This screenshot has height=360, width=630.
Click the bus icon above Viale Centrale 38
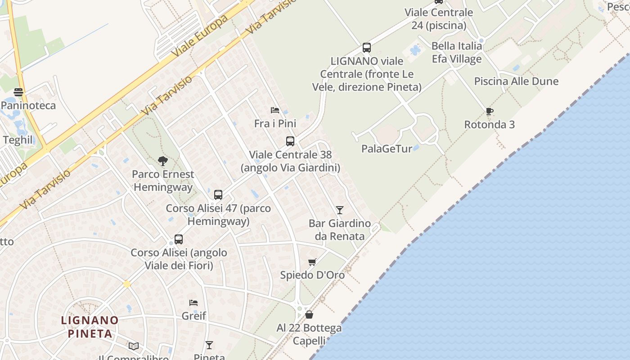coord(290,141)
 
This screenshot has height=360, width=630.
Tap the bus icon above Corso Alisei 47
coord(218,195)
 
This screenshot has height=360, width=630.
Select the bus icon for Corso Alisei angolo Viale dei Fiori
coord(179,239)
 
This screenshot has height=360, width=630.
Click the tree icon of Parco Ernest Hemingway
coord(163,161)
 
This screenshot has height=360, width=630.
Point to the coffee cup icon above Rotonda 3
coord(490,111)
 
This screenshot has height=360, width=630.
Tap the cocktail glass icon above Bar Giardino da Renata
coord(340,210)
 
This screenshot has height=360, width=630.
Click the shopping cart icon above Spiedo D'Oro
coord(312,262)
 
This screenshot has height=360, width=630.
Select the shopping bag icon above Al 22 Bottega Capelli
coord(309,315)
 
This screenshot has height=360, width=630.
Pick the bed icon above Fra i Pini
coord(275,110)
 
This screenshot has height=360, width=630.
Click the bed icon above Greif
coord(193,303)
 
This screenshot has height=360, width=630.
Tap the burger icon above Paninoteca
coord(18,92)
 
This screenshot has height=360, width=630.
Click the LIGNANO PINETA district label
coord(90,327)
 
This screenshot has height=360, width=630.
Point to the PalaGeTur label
coord(387,148)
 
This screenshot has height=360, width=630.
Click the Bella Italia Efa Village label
coord(457,52)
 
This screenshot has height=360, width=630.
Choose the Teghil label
coord(18,140)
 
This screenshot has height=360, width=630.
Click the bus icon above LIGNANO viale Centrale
coord(367,48)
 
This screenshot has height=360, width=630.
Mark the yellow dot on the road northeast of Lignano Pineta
coord(127,284)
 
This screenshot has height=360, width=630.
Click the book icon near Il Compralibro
coord(134,346)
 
